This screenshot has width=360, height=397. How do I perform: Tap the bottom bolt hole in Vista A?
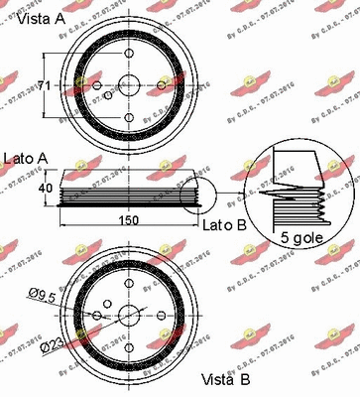click(x=129, y=121)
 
